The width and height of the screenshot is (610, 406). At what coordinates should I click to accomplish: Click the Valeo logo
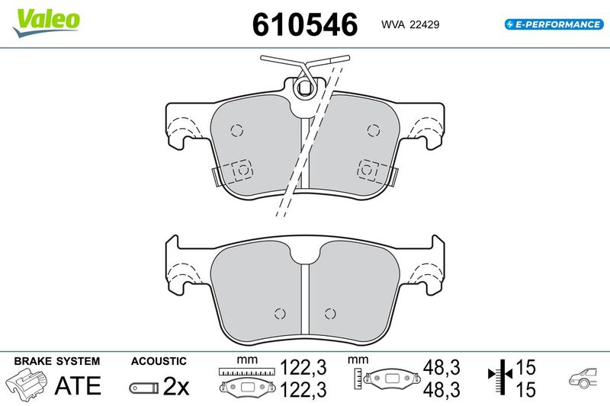pyautogui.click(x=47, y=22)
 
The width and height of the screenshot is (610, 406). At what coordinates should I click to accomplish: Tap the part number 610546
pyautogui.click(x=305, y=24)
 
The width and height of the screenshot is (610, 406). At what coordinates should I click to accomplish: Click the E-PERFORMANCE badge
pyautogui.click(x=554, y=24)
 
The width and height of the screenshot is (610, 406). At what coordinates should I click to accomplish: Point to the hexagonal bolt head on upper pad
pyautogui.click(x=303, y=89)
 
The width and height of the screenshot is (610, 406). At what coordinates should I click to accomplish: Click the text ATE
pyautogui.click(x=78, y=385)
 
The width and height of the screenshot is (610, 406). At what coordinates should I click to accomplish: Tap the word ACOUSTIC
pyautogui.click(x=159, y=361)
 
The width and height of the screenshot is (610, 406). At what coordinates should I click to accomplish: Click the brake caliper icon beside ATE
pyautogui.click(x=27, y=384)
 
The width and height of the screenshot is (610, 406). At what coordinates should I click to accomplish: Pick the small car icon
pyautogui.click(x=583, y=377)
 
